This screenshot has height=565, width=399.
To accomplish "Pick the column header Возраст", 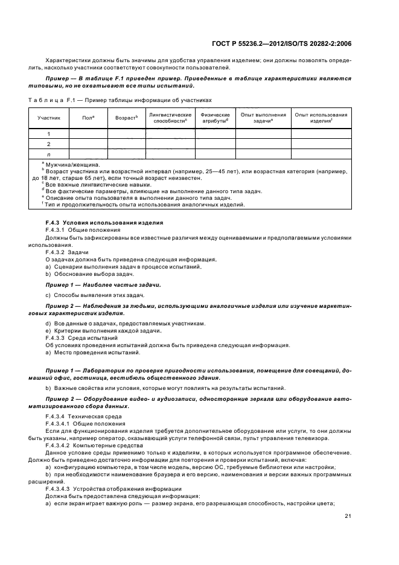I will tap(127, 118).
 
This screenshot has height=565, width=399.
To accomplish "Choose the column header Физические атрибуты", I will tap(215, 118).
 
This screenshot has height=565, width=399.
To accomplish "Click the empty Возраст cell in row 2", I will tap(127, 144).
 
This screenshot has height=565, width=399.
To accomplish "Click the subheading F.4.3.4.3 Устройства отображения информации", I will tap(114, 487).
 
